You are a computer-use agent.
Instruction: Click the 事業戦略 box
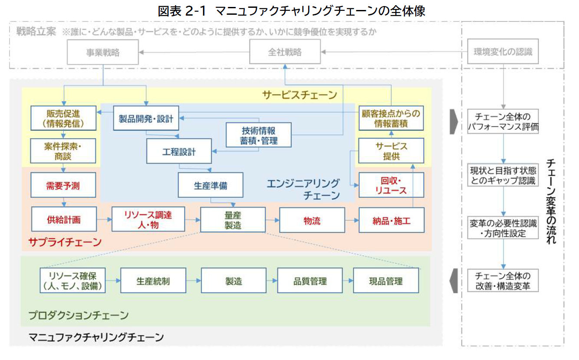[103, 53]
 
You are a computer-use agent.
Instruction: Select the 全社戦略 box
[284, 53]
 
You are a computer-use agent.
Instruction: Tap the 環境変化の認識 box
[503, 53]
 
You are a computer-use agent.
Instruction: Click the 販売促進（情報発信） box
[63, 118]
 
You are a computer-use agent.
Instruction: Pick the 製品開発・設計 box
[146, 118]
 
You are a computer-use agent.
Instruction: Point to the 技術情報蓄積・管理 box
[259, 135]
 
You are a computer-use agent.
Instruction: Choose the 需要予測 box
[63, 186]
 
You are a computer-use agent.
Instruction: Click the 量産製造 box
[233, 219]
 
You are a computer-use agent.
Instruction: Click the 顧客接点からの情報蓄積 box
[391, 118]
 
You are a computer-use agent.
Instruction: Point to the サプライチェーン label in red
[65, 242]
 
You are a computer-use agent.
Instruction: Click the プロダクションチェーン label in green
[79, 315]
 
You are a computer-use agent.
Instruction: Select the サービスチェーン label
[299, 95]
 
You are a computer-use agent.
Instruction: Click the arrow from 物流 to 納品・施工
[352, 220]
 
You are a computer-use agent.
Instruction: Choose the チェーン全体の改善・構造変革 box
[503, 281]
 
